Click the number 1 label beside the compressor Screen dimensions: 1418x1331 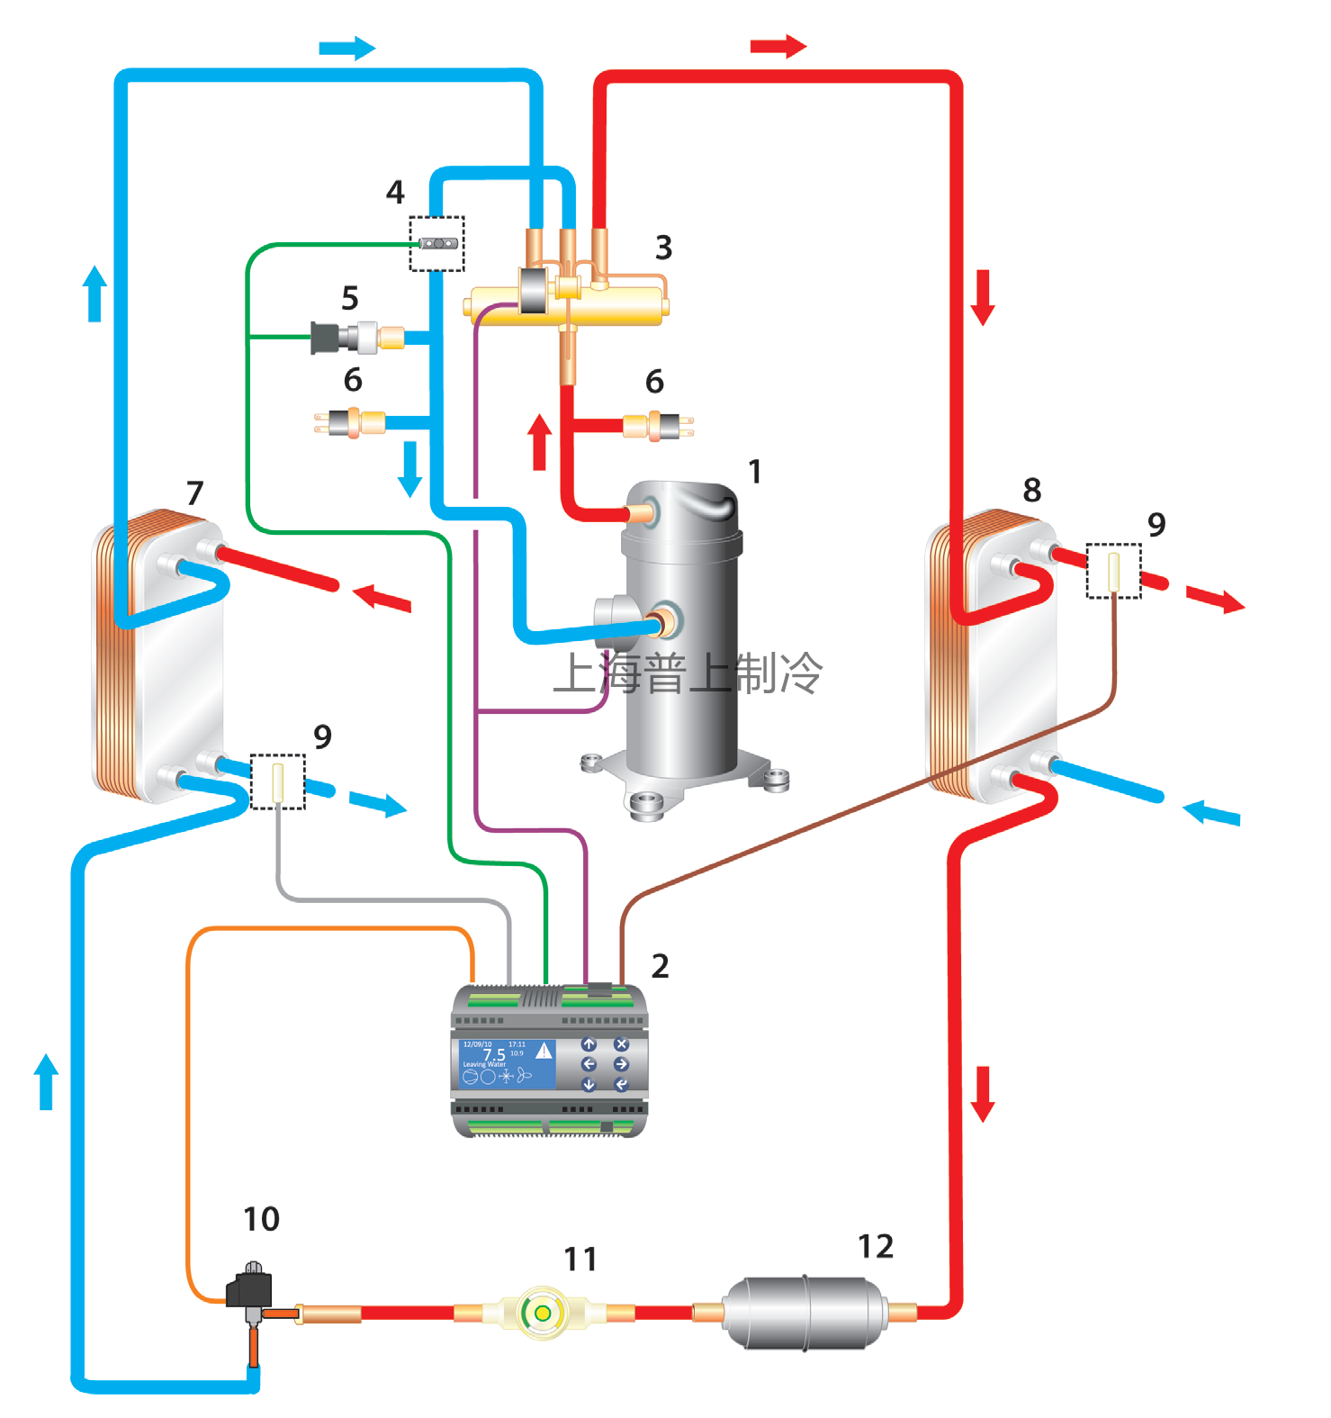click(x=755, y=471)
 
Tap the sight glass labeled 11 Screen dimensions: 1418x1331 click(x=542, y=1313)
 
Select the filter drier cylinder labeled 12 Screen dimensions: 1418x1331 click(x=805, y=1311)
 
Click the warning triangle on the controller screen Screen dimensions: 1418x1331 click(x=544, y=1050)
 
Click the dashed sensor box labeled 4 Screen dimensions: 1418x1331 click(x=437, y=243)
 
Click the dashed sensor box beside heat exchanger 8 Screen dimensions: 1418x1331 click(x=1113, y=570)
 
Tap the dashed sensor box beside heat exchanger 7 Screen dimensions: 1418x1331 click(x=277, y=781)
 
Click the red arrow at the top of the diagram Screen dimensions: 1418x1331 click(x=778, y=46)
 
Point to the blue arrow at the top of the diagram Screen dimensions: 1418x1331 click(x=346, y=48)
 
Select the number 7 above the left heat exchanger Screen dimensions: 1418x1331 click(x=195, y=492)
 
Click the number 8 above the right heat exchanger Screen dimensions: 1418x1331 click(x=1032, y=490)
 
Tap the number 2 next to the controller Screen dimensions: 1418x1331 click(x=660, y=966)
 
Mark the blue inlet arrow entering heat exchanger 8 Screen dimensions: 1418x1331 click(x=1211, y=813)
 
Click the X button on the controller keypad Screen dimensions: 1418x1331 click(x=621, y=1044)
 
